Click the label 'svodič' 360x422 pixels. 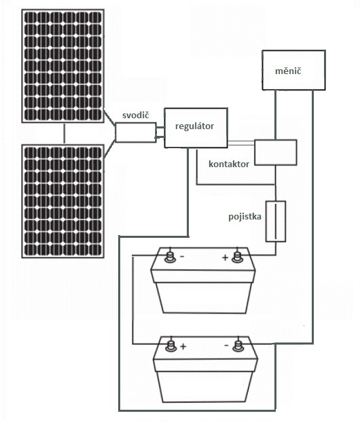135,116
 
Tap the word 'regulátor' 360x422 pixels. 194,126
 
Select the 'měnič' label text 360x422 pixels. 288,71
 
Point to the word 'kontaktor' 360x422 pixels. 229,164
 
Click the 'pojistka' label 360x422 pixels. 245,217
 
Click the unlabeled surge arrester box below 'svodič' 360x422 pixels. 136,132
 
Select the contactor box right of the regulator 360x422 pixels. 276,152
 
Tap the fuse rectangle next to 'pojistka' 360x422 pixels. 276,221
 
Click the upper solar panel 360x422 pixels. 63,66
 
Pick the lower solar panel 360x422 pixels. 63,201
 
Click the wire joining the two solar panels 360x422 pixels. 64,134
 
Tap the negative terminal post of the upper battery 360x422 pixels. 170,257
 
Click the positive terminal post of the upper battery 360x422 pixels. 237,257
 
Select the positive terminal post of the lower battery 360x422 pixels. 171,346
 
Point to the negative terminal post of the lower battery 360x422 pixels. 238,346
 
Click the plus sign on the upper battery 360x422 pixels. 226,258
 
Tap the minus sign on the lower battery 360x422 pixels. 227,345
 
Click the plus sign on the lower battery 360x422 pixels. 183,347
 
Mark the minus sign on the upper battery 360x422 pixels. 182,256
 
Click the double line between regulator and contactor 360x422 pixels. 241,143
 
